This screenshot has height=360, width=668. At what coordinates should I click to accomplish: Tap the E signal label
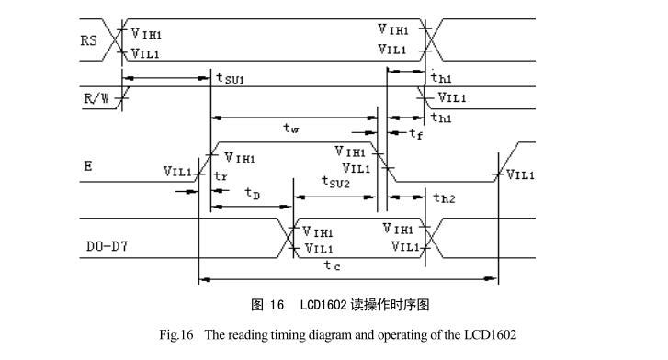tap(87, 166)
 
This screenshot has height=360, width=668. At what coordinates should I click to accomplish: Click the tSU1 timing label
tap(230, 80)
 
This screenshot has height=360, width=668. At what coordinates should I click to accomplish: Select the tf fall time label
tap(415, 134)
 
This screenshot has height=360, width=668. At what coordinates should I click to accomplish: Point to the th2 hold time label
tap(443, 197)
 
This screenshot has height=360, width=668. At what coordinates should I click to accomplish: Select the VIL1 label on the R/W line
tap(451, 97)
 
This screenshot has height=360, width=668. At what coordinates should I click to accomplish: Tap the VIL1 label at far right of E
tap(520, 174)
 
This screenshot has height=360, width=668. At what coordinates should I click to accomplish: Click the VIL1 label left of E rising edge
tap(176, 171)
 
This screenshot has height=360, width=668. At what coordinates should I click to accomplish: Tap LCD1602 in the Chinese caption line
tap(326, 304)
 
